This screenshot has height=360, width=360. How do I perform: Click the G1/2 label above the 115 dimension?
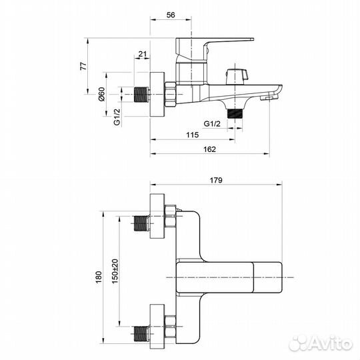(x=212, y=124)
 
